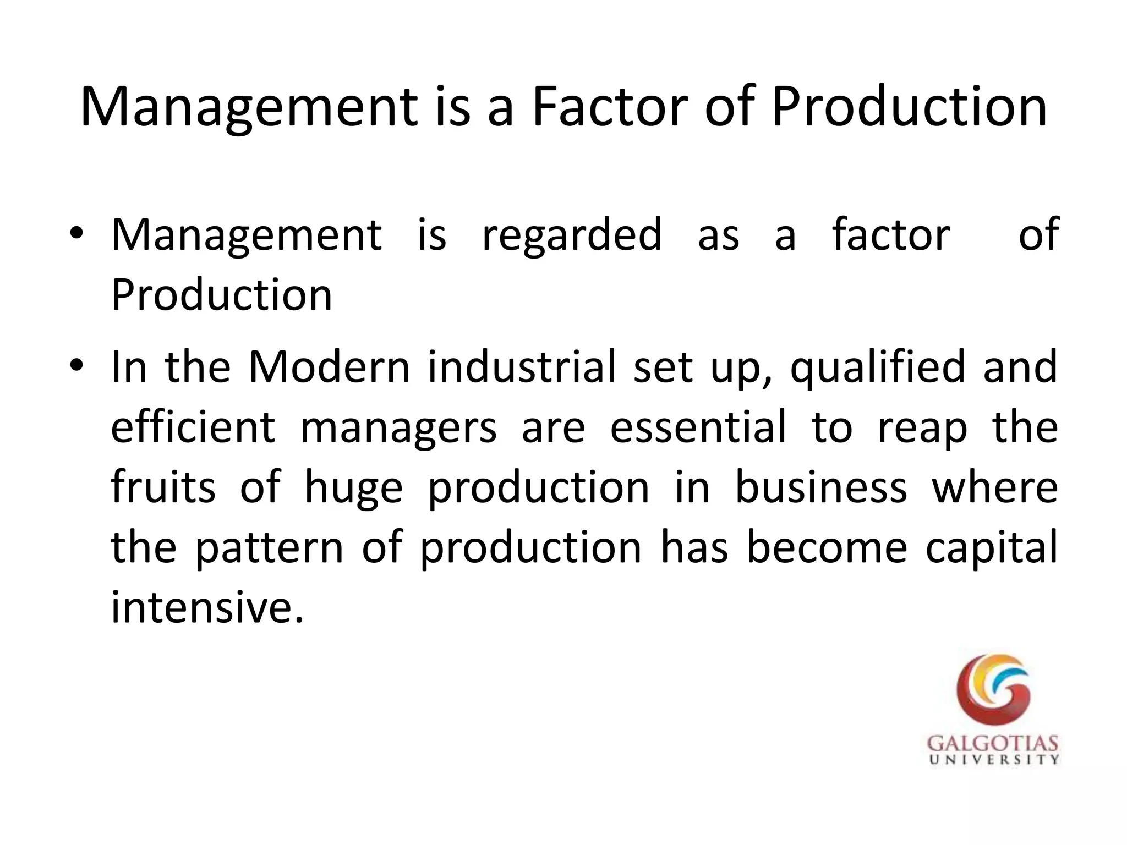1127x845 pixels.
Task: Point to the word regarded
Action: coord(572,235)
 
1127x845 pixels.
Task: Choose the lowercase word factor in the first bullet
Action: coord(891,235)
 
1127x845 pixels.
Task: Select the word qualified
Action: coord(878,367)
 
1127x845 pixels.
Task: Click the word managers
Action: coord(398,429)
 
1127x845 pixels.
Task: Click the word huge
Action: coord(354,489)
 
